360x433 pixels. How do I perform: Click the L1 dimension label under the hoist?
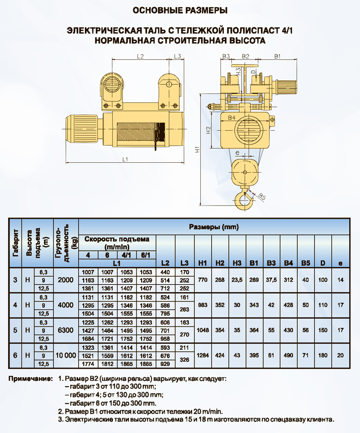[x=125, y=159]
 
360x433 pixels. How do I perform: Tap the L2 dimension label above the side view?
[x=140, y=56]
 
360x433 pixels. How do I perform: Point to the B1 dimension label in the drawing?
[x=278, y=56]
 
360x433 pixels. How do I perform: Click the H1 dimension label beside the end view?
[x=197, y=150]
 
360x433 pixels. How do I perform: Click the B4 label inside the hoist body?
[x=231, y=118]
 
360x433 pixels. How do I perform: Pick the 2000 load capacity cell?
[x=66, y=280]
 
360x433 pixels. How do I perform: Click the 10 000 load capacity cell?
[x=66, y=356]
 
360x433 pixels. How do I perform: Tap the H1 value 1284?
[x=203, y=356]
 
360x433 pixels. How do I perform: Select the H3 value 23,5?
[x=237, y=280]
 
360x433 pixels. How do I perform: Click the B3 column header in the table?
[x=271, y=263]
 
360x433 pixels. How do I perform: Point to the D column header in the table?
[x=323, y=263]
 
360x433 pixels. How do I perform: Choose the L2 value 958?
[x=165, y=339]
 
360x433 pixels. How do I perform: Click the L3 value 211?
[x=184, y=348]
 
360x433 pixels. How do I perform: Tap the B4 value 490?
[x=288, y=356]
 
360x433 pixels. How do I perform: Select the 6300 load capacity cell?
[x=66, y=330]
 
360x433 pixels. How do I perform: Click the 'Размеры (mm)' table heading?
[x=214, y=227]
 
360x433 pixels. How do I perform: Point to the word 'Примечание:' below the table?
[x=30, y=379]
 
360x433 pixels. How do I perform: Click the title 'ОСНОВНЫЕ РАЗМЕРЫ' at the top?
[x=180, y=11]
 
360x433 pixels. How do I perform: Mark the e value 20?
[x=340, y=356]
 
